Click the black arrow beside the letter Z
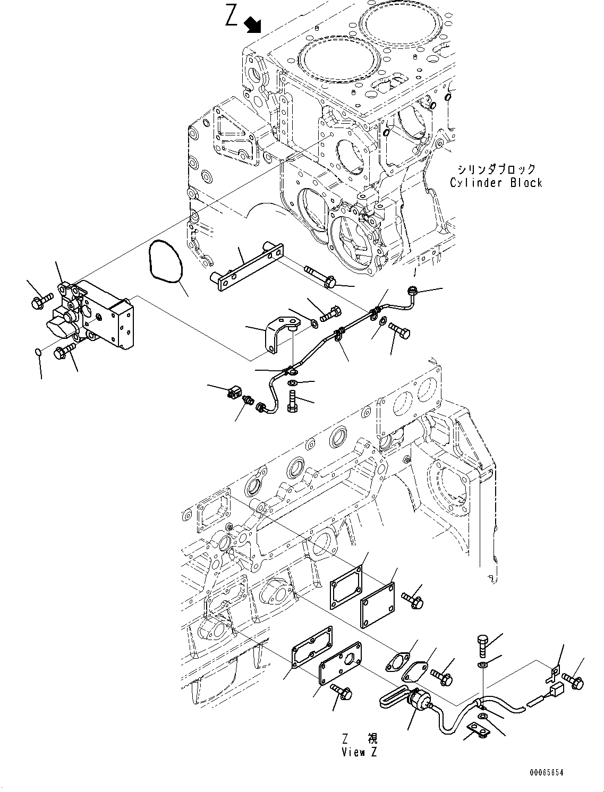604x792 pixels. (x=252, y=24)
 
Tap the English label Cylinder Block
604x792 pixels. (x=496, y=183)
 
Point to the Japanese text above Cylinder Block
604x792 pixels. (x=496, y=169)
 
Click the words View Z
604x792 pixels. (x=361, y=752)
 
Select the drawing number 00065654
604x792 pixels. (x=546, y=772)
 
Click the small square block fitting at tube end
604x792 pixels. (x=233, y=394)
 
